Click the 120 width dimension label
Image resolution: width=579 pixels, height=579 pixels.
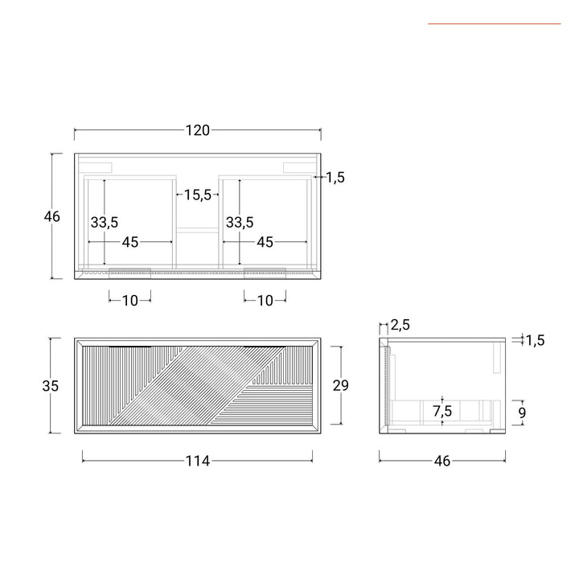point(198,130)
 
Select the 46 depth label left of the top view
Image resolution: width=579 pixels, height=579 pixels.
point(52,216)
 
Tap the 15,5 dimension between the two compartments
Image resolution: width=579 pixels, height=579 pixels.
point(197,195)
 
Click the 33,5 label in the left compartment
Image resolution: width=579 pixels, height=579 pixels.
point(105,222)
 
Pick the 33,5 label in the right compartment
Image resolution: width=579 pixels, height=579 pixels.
point(240,222)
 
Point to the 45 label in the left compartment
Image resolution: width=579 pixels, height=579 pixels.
point(129,242)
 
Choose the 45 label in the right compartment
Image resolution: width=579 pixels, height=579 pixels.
point(265,242)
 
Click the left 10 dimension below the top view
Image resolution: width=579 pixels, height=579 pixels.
point(129,300)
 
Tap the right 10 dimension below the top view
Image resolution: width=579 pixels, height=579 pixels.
point(265,300)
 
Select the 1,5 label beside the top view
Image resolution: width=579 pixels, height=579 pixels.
point(335,178)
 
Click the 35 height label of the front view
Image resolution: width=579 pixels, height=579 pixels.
point(51,386)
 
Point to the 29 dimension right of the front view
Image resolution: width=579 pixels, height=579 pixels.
point(340,386)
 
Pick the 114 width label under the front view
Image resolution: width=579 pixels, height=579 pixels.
point(198,461)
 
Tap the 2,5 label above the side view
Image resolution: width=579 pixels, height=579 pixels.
point(400,326)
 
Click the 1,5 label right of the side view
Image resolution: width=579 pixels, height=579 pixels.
point(535,340)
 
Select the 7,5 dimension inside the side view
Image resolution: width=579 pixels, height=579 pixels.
point(441,411)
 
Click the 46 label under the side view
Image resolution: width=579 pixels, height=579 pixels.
point(441,461)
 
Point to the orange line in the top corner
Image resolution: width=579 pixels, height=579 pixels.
point(494,23)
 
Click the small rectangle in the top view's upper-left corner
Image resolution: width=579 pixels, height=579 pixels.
point(99,166)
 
